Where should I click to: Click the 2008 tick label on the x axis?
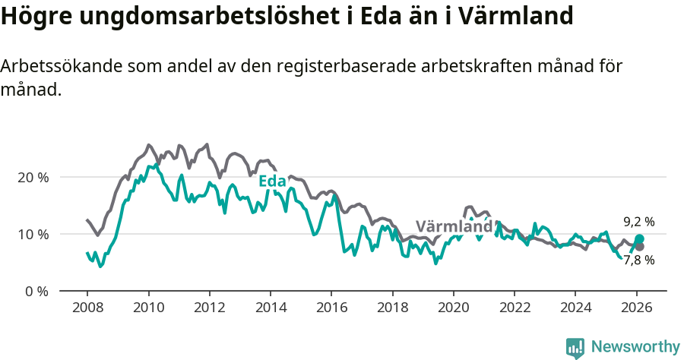tap(87, 310)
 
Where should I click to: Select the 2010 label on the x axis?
tap(148, 310)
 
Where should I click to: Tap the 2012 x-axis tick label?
tap(209, 310)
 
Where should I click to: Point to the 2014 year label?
tap(270, 310)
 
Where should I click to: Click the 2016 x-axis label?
tap(331, 310)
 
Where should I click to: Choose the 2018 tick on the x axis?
tap(392, 310)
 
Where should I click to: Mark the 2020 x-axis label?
tap(453, 310)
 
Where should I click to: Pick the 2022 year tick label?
tap(514, 310)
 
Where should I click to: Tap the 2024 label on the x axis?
tap(575, 310)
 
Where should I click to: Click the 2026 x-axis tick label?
tap(636, 310)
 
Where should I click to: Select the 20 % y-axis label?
tap(33, 177)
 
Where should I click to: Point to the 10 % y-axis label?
tap(33, 234)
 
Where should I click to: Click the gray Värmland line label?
tap(454, 226)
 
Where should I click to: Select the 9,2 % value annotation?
tap(638, 222)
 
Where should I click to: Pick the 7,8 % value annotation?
tap(638, 260)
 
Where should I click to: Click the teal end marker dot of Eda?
tap(639, 238)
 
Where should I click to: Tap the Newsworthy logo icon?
tap(575, 348)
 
